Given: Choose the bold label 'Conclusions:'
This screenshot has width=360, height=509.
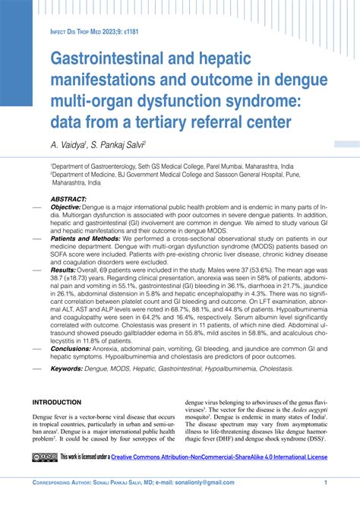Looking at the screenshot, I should coord(71,349).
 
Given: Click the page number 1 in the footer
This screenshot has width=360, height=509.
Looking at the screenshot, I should coord(325,482).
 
